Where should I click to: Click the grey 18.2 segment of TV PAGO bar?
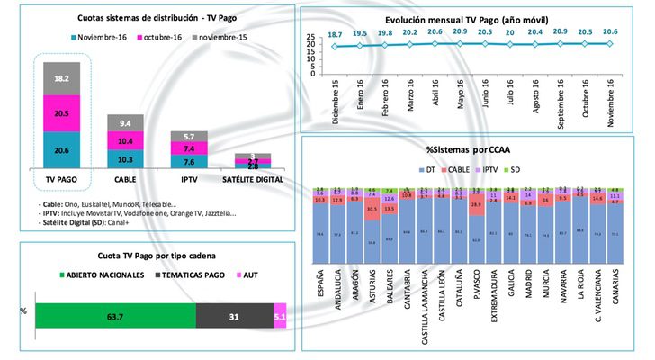61,79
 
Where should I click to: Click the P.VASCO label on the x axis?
476,283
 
